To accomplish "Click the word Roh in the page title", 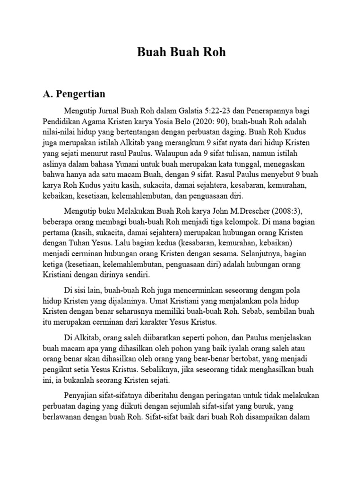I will [x=213, y=52].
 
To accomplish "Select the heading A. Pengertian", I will [x=74, y=93].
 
